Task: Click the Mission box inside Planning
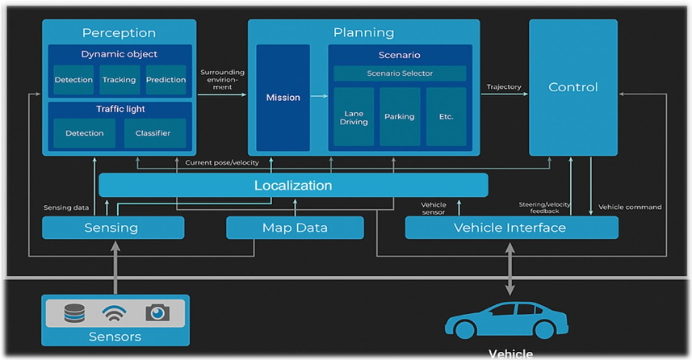pyautogui.click(x=283, y=98)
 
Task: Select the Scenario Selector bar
pyautogui.click(x=400, y=73)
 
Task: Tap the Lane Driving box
pyautogui.click(x=354, y=116)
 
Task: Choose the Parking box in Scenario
pyautogui.click(x=400, y=116)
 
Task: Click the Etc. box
pyautogui.click(x=446, y=116)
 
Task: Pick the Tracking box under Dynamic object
pyautogui.click(x=120, y=80)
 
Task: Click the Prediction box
pyautogui.click(x=166, y=80)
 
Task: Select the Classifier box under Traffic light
pyautogui.click(x=153, y=133)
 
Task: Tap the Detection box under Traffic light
pyautogui.click(x=85, y=133)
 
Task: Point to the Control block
pyautogui.click(x=572, y=87)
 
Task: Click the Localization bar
pyautogui.click(x=293, y=186)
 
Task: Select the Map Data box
pyautogui.click(x=295, y=228)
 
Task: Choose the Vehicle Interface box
pyautogui.click(x=510, y=228)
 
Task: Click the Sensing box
pyautogui.click(x=112, y=228)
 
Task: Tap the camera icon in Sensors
pyautogui.click(x=157, y=312)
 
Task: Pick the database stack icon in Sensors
pyautogui.click(x=74, y=312)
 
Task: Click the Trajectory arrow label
pyautogui.click(x=504, y=87)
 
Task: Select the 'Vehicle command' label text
pyautogui.click(x=630, y=207)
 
